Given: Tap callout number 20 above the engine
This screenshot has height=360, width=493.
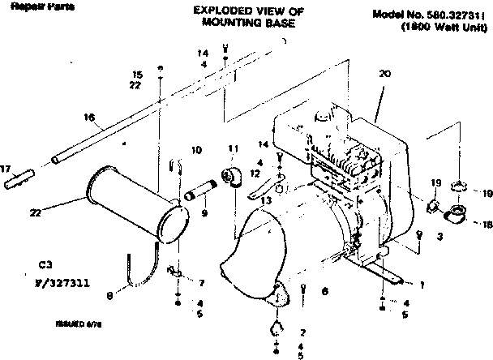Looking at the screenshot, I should point(384,73).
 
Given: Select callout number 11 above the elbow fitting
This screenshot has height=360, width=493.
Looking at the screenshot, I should point(234,149).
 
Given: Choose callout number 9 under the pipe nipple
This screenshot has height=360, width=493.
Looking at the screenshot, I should point(204,213).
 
